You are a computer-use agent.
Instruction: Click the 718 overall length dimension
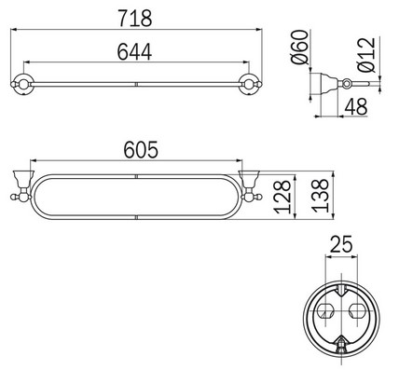point(137,16)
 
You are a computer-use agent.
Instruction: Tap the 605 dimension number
point(137,149)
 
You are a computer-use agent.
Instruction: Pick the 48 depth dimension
point(355,107)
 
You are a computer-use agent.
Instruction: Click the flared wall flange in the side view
point(320,85)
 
